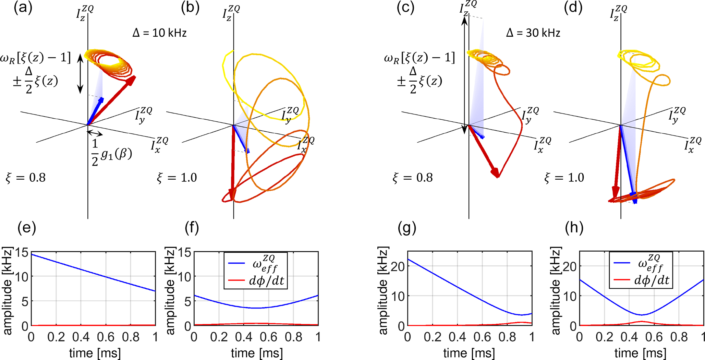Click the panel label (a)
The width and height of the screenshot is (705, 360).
tap(23, 8)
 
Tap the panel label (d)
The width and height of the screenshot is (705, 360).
tap(573, 8)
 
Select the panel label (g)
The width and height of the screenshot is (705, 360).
tap(407, 228)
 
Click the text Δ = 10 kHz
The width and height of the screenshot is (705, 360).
tap(159, 33)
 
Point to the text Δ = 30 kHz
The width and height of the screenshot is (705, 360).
tap(533, 33)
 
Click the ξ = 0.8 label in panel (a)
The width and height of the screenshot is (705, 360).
tap(26, 178)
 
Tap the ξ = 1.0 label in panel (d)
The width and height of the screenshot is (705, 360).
tap(564, 178)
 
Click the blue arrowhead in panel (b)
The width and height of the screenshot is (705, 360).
tap(247, 150)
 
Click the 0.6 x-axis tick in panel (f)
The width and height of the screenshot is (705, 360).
tap(269, 337)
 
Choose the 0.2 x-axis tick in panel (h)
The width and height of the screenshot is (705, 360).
tap(604, 337)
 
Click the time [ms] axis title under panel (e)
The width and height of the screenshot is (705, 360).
tap(95, 353)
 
